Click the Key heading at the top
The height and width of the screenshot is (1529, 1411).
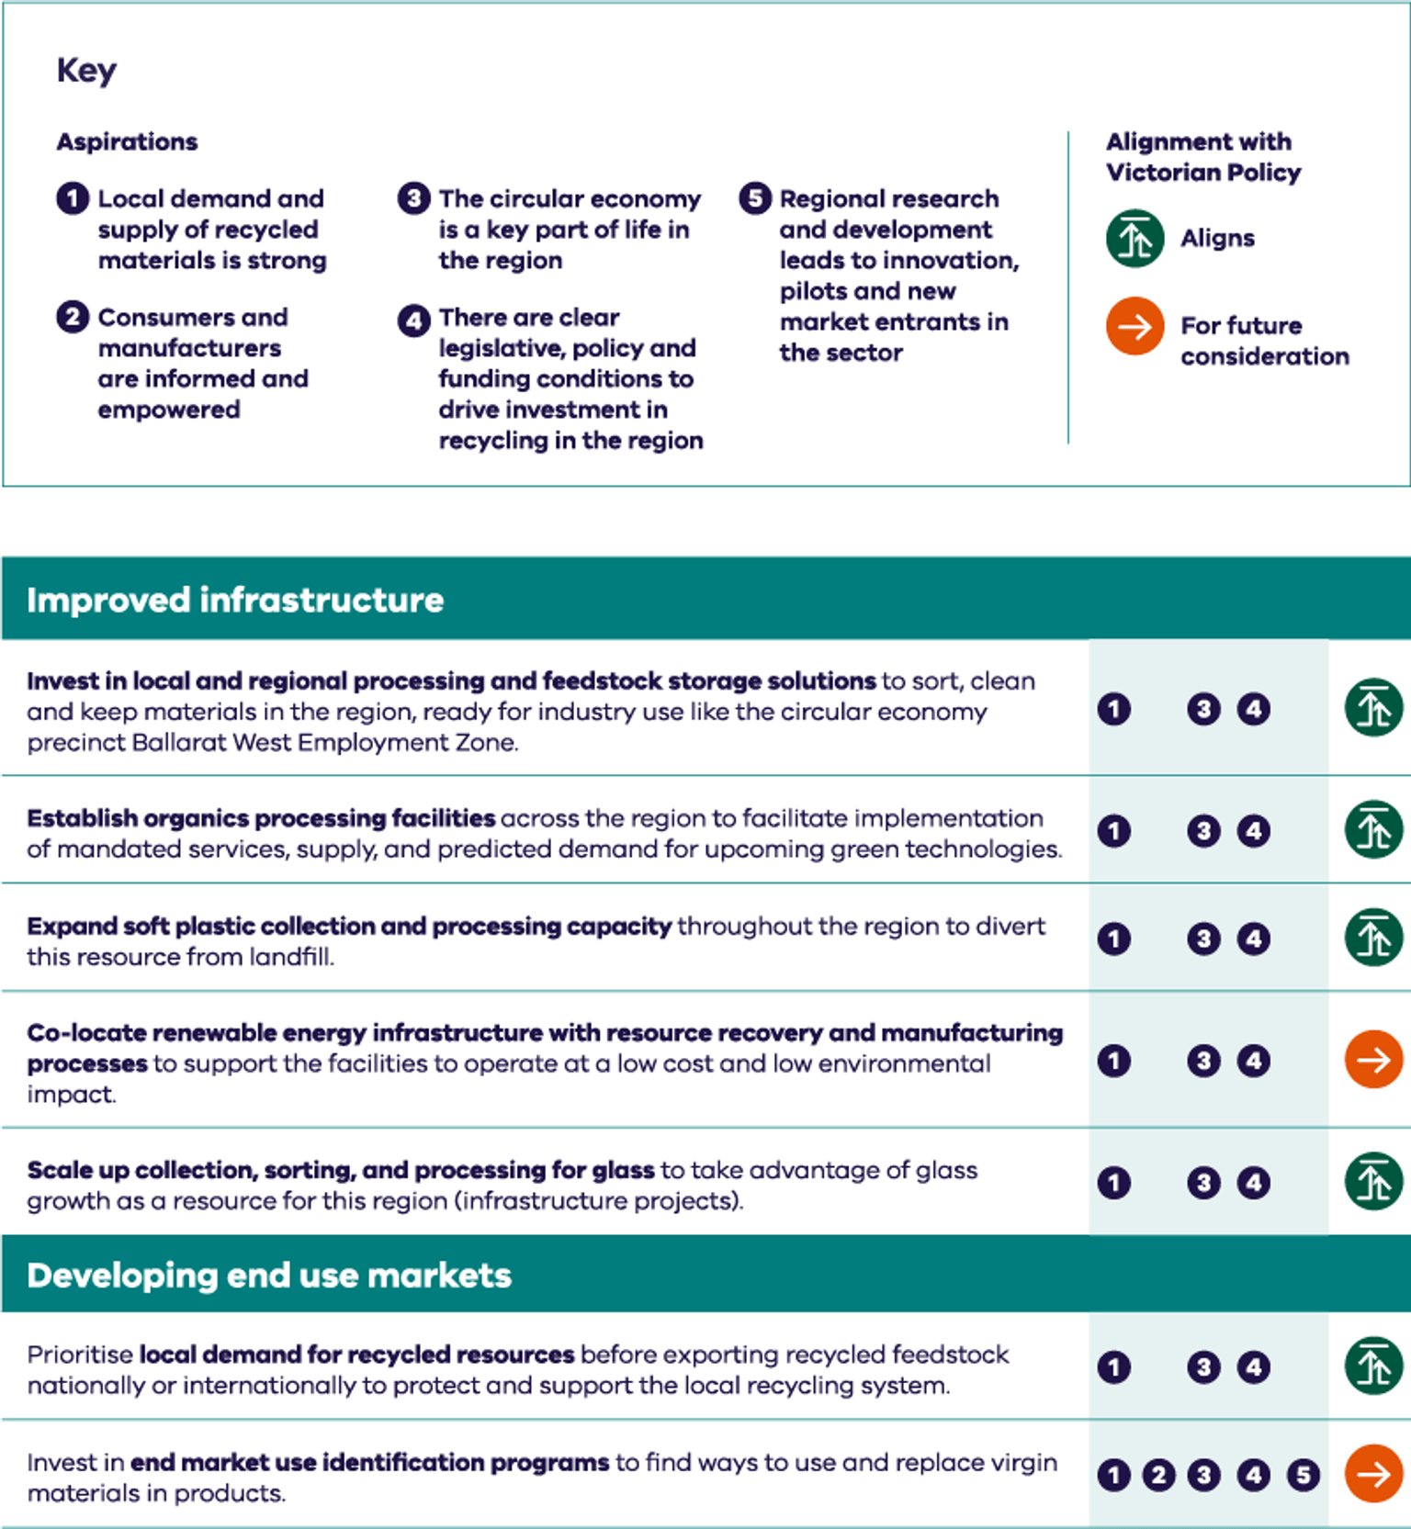(86, 71)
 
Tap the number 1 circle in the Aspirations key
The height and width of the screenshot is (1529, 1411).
(73, 198)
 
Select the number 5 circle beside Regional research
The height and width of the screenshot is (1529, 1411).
(755, 198)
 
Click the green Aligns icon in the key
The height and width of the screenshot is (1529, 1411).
(1134, 239)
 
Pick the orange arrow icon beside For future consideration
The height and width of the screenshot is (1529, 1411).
(1134, 326)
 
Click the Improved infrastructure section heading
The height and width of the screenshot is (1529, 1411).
(235, 600)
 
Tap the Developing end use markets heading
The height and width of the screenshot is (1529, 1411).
(269, 1276)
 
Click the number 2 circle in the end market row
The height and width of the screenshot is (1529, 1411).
(1158, 1476)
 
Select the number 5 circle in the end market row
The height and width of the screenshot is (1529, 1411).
(1303, 1476)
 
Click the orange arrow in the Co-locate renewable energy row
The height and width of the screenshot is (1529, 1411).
(1373, 1060)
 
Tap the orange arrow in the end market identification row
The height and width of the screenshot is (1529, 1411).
(1373, 1474)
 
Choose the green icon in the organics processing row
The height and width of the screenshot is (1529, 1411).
(1373, 830)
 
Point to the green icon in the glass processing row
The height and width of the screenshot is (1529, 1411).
(1373, 1181)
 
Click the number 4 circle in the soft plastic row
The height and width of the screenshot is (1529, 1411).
(1254, 939)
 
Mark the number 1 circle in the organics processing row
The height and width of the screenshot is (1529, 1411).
(1114, 831)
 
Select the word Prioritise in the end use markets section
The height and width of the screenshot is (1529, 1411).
(80, 1355)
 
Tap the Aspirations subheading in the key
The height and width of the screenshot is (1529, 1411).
(127, 141)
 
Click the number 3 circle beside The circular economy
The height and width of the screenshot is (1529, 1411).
(413, 198)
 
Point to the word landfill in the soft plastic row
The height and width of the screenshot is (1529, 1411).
(291, 957)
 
